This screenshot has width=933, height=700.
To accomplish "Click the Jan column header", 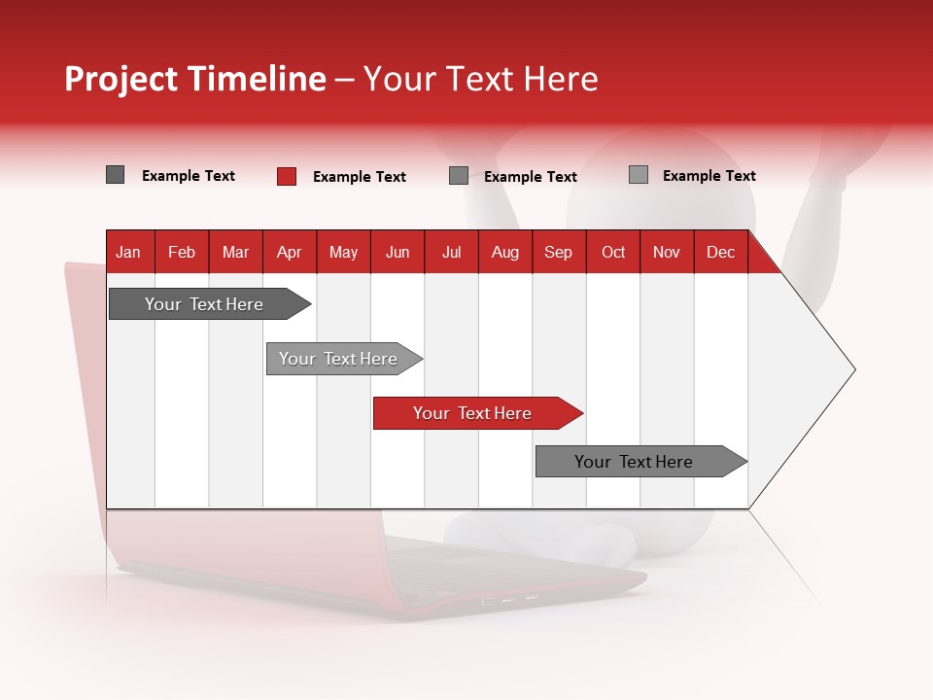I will [128, 253].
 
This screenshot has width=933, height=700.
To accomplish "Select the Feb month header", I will [182, 253].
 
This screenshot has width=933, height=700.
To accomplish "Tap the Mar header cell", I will [235, 253].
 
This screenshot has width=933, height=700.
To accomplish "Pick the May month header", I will [343, 253].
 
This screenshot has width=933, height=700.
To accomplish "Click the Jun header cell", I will [397, 253].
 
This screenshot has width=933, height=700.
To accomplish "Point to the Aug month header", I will [505, 253].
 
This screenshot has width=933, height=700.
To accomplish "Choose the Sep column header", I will [558, 253].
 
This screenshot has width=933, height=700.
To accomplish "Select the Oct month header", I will [613, 253].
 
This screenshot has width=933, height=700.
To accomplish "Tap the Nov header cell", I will [667, 253].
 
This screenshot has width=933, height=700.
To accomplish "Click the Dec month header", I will [720, 253].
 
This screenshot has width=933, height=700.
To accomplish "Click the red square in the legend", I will [287, 176].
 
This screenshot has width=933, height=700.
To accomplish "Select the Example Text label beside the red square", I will [359, 177].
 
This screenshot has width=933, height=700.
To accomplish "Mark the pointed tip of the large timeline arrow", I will [852, 369].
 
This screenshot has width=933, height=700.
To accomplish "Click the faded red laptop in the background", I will [389, 574].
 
